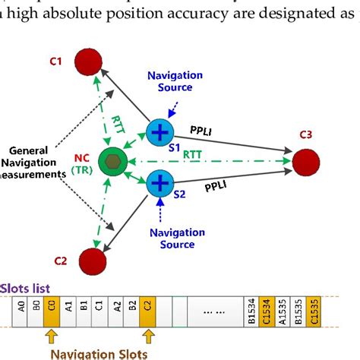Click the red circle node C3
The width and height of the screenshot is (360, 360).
click(x=305, y=162)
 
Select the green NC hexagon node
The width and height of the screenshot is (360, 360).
click(x=113, y=163)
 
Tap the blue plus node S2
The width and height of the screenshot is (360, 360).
click(x=160, y=183)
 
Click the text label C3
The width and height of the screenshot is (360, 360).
click(x=305, y=135)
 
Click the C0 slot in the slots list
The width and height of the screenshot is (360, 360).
click(x=51, y=308)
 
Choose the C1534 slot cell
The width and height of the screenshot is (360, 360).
click(x=265, y=308)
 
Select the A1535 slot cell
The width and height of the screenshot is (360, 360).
click(x=280, y=308)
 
